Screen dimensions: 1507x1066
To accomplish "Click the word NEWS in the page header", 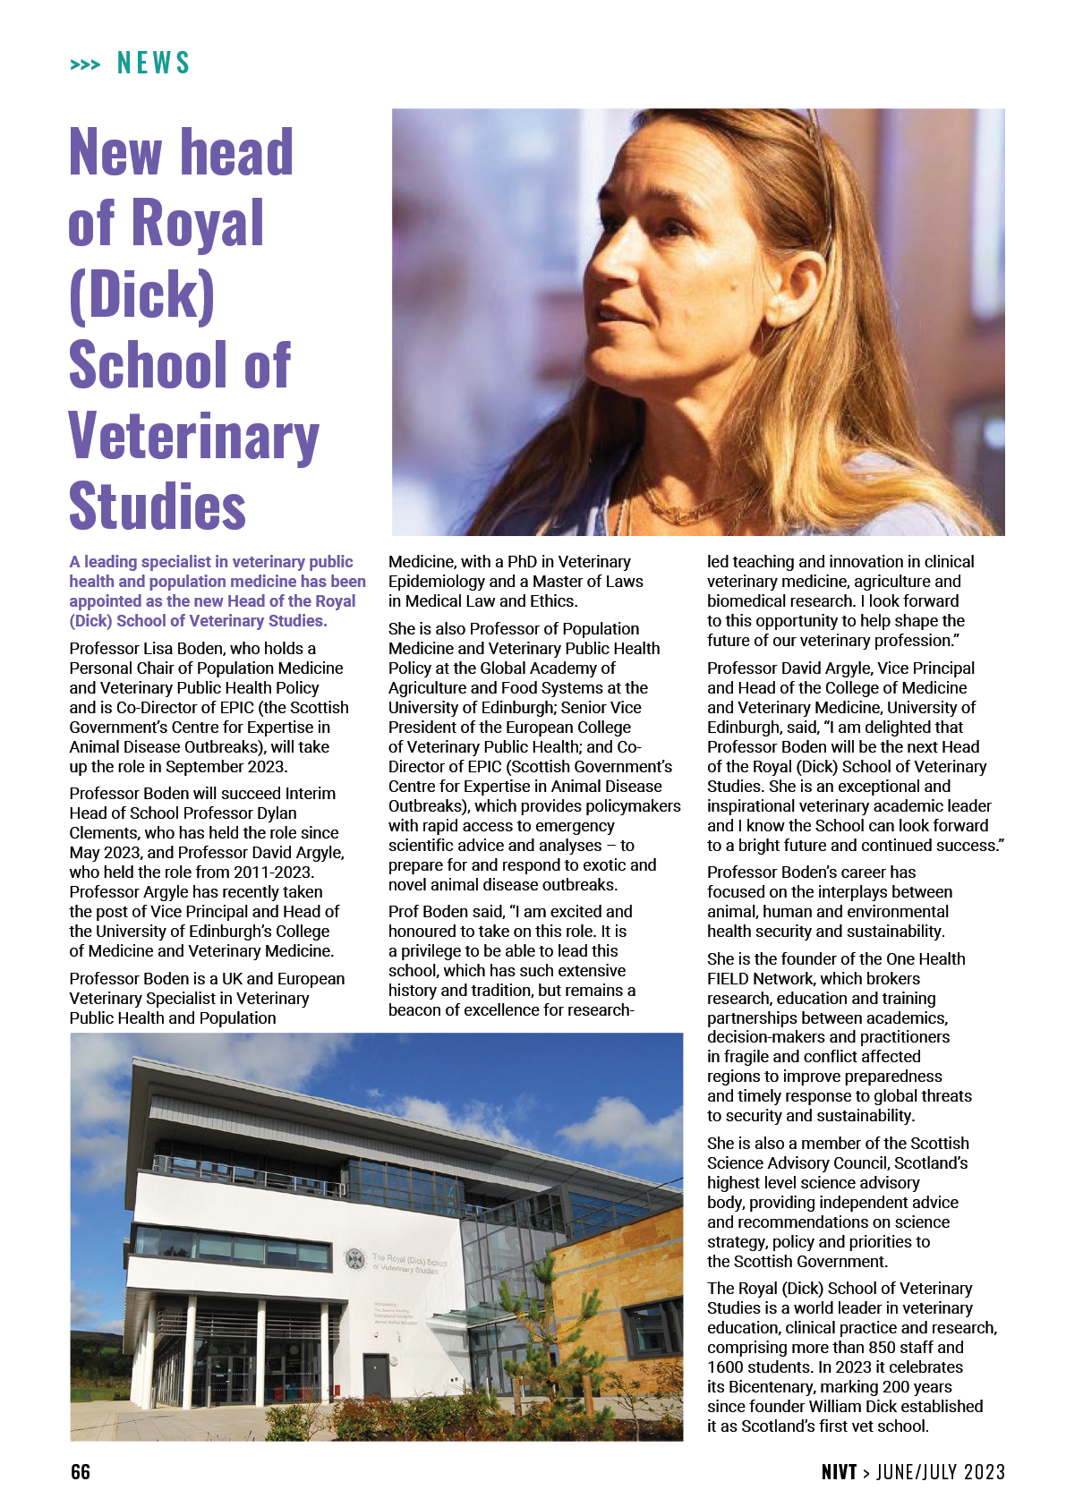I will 154,64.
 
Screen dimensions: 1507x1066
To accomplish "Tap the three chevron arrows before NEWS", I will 85,64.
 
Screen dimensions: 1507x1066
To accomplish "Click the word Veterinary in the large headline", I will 193,437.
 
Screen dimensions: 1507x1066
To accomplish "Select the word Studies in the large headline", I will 158,507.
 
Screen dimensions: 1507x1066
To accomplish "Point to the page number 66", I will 81,1472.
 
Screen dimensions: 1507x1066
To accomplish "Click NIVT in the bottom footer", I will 839,1472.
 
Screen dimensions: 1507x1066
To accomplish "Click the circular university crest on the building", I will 355,1259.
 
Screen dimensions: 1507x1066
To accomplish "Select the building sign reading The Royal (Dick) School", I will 409,1262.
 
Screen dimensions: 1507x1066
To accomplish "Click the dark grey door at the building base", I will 376,1375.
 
